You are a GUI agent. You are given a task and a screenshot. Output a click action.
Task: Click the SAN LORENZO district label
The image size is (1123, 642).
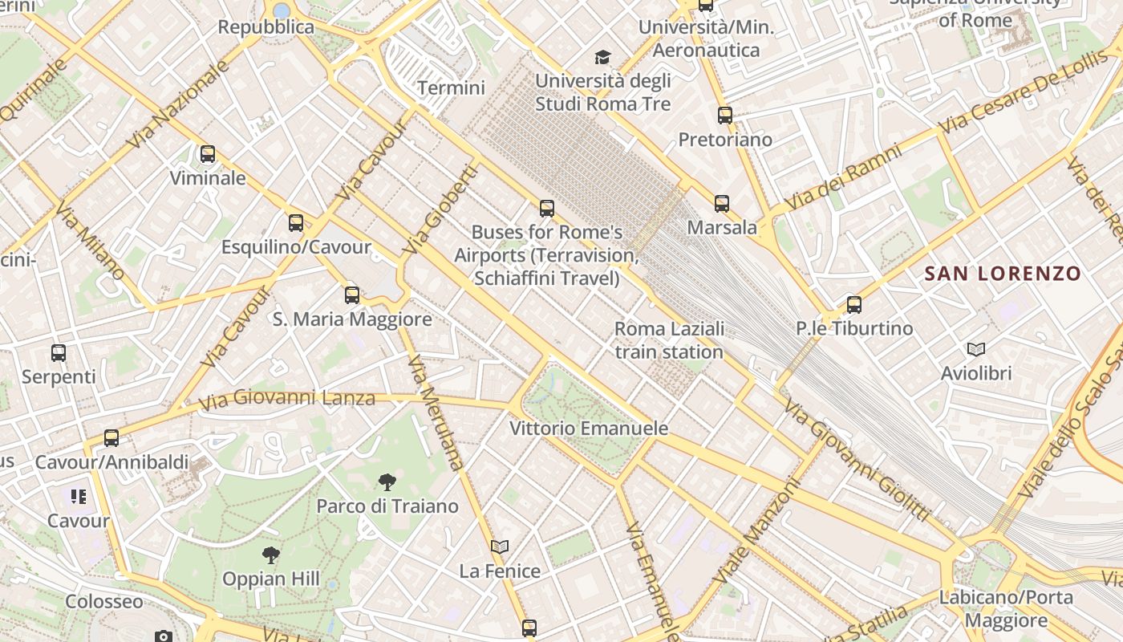click(x=1003, y=274)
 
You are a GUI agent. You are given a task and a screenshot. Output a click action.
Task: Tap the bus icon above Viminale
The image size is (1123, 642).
click(x=208, y=153)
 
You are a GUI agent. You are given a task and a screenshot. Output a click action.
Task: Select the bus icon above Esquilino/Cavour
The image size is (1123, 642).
click(x=296, y=222)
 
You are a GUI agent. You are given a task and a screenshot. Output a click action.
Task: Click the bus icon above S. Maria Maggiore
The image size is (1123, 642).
click(x=352, y=295)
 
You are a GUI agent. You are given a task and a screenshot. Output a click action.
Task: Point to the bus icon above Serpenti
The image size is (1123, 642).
click(x=59, y=352)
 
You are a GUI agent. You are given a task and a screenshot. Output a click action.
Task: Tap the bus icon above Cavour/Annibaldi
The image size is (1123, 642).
click(x=111, y=437)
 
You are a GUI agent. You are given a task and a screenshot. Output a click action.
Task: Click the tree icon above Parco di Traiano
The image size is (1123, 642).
click(x=387, y=481)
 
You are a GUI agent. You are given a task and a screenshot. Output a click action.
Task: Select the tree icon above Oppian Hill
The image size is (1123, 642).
click(x=271, y=555)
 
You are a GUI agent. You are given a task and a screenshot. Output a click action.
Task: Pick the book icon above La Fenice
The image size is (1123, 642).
click(x=500, y=547)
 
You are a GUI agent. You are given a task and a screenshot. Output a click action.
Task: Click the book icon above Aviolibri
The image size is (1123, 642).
click(x=976, y=349)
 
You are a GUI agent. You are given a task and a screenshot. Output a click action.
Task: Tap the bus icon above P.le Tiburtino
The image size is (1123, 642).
click(x=854, y=304)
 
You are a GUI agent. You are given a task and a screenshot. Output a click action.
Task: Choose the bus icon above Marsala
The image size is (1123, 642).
click(x=722, y=203)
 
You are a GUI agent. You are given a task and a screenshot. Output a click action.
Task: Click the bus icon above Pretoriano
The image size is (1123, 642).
click(x=725, y=115)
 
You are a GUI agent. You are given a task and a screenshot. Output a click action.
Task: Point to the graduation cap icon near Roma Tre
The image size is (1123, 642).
click(x=602, y=57)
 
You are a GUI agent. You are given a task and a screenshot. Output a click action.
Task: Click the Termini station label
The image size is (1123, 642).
click(x=452, y=87)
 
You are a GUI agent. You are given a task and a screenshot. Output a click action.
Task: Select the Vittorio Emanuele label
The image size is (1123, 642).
click(x=589, y=429)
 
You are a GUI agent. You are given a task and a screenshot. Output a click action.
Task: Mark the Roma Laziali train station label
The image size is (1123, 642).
click(x=669, y=340)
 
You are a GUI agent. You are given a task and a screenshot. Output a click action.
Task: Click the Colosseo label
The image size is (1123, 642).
click(x=104, y=602)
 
